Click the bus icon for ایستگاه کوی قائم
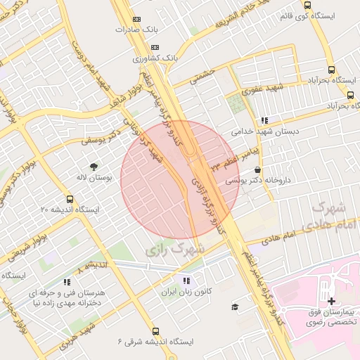click(307, 5)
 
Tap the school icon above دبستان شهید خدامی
click(264, 120)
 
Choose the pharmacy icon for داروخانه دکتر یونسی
click(258, 169)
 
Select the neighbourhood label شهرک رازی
click(175, 250)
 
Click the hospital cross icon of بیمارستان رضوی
click(331, 301)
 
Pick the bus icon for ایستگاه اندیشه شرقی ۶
click(155, 331)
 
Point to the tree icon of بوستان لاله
click(94, 167)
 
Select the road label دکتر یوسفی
click(98, 141)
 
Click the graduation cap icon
click(235, 307)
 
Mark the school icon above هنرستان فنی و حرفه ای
click(67, 282)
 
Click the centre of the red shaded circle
click(180, 179)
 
